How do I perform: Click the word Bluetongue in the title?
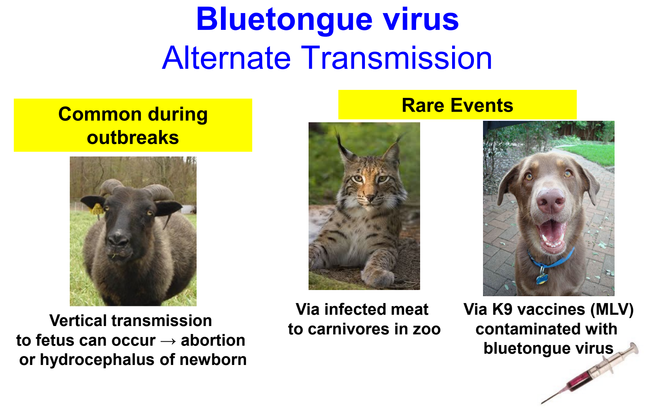(284, 20)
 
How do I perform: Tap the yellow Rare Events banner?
(457, 105)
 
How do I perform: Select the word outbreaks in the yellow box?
(133, 138)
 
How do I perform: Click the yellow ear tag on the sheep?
(97, 210)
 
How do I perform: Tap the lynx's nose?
(370, 198)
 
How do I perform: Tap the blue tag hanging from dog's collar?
(542, 279)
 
